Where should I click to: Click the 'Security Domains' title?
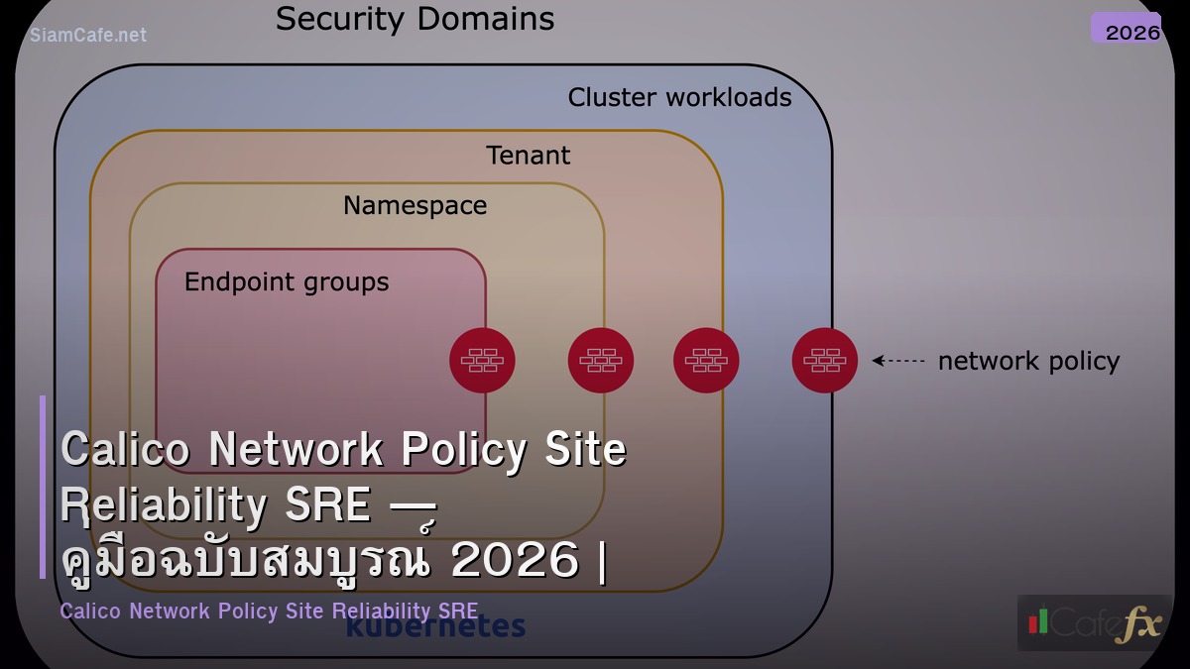tap(415, 19)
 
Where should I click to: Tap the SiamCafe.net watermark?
tap(88, 35)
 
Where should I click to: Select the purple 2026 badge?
tap(1127, 29)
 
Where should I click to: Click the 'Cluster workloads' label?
tap(679, 97)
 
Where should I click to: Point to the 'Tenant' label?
tap(529, 156)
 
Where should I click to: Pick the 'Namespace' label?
tap(415, 205)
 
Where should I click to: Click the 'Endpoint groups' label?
tap(287, 282)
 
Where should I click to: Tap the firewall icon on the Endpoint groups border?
tap(482, 361)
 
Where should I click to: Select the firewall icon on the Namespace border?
tap(601, 361)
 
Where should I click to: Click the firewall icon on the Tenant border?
tap(706, 361)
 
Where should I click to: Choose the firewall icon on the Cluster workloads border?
tap(825, 361)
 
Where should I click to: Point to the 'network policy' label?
tap(1028, 362)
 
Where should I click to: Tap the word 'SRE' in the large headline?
tap(327, 505)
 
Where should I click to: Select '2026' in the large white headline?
tap(515, 561)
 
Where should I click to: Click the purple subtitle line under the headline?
tap(269, 611)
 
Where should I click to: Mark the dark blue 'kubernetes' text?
tap(435, 627)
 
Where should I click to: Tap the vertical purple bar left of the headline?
tap(43, 487)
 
